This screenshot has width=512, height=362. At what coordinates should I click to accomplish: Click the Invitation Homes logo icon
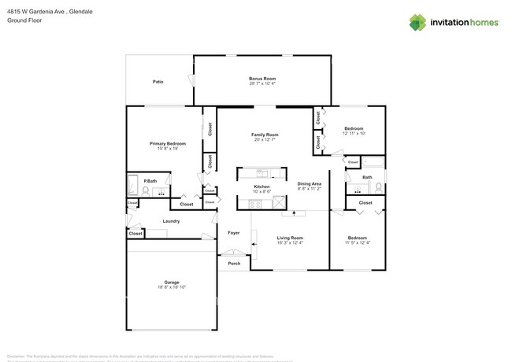tap(417, 22)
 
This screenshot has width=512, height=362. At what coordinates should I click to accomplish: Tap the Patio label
tap(158, 82)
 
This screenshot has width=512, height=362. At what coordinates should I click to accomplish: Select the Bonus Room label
tap(262, 79)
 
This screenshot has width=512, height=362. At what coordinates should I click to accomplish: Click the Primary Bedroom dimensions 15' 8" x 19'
tap(169, 149)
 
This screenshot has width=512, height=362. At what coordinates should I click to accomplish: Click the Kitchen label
tap(262, 187)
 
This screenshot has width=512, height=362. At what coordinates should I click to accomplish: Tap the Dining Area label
tap(309, 183)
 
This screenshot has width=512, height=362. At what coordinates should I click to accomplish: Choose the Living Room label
tap(290, 238)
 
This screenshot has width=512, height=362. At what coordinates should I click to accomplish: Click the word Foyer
tap(234, 233)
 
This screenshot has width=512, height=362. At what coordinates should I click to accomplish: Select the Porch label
tap(234, 264)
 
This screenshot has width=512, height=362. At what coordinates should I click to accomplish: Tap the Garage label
tap(172, 282)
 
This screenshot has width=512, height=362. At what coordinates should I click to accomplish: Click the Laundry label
tap(171, 221)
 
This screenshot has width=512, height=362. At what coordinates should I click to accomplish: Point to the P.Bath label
tap(148, 180)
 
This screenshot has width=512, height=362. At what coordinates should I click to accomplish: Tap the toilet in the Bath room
tap(378, 187)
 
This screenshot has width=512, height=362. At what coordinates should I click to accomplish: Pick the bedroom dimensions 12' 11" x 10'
tap(354, 133)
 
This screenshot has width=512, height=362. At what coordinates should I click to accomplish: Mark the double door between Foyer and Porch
tap(233, 253)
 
